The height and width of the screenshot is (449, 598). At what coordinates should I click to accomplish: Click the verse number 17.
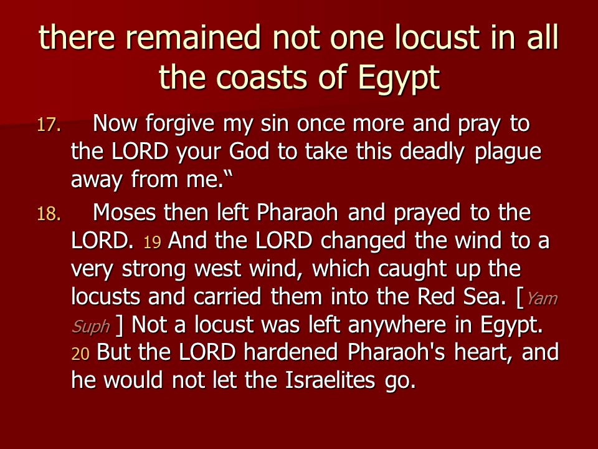pyautogui.click(x=49, y=125)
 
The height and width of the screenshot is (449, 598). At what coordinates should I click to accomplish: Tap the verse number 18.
pyautogui.click(x=49, y=214)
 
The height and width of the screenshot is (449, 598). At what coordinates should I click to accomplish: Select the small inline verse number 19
pyautogui.click(x=152, y=242)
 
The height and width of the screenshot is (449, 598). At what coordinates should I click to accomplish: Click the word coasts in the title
pyautogui.click(x=263, y=77)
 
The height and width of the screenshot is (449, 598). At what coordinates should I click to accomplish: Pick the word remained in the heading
pyautogui.click(x=193, y=37)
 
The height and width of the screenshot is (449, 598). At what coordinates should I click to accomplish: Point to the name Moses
pyautogui.click(x=125, y=212)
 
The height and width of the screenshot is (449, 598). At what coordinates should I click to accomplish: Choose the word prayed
pyautogui.click(x=427, y=213)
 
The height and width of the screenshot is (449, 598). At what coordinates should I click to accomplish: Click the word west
pyautogui.click(x=218, y=269)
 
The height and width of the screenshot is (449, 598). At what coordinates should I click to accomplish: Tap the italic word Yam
pyautogui.click(x=542, y=299)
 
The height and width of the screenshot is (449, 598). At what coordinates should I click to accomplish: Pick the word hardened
pyautogui.click(x=291, y=352)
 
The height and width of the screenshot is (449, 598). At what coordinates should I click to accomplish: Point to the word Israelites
pyautogui.click(x=330, y=380)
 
